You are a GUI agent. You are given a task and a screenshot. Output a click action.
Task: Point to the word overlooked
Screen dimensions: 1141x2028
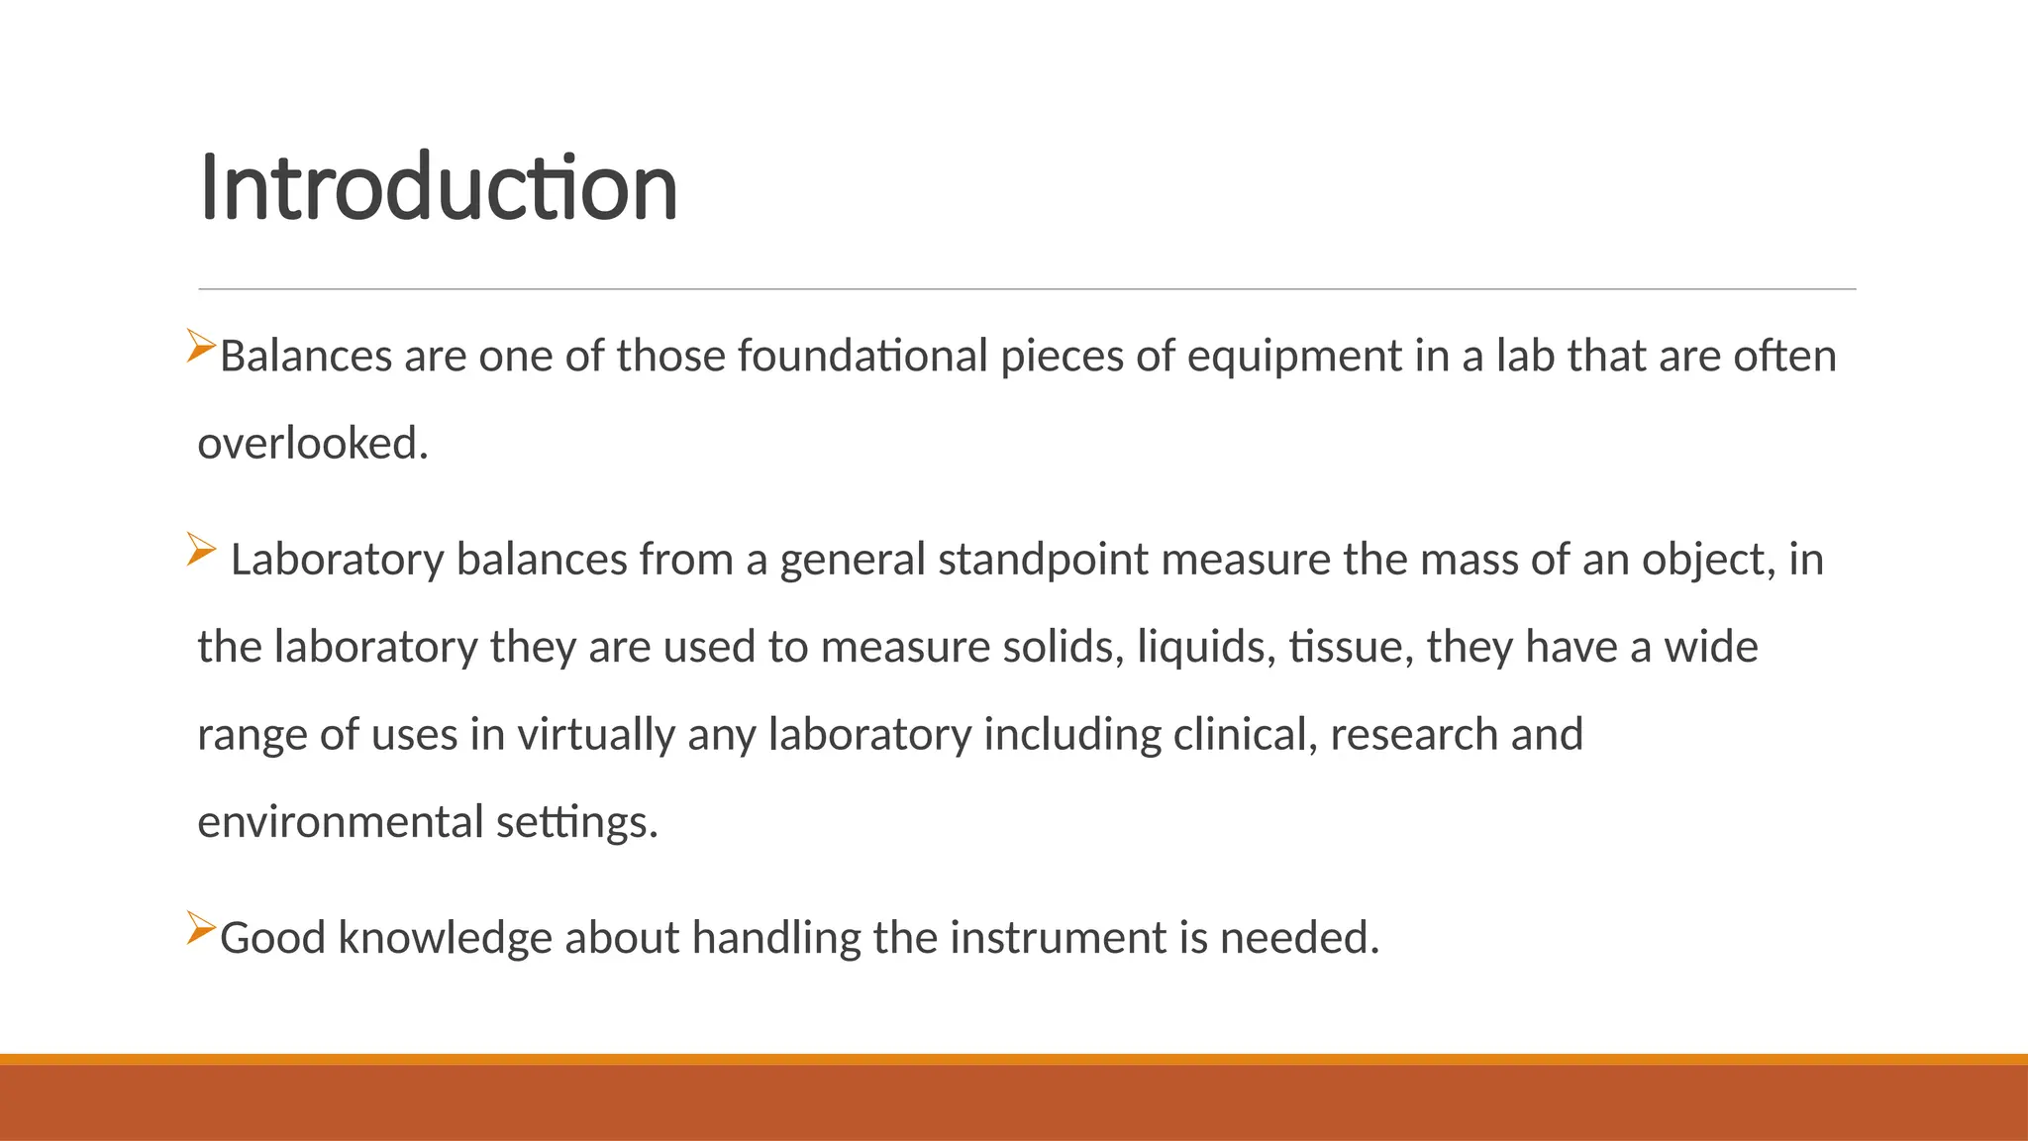tap(313, 443)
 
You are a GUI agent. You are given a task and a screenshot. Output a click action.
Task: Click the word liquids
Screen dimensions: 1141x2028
tap(1206, 648)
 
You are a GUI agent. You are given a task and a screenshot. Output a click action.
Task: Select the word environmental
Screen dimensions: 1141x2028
tap(341, 822)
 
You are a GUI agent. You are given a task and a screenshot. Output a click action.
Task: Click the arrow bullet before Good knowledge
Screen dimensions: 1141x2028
tap(201, 928)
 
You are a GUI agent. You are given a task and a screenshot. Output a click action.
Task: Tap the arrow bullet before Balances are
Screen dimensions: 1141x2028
tap(201, 346)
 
